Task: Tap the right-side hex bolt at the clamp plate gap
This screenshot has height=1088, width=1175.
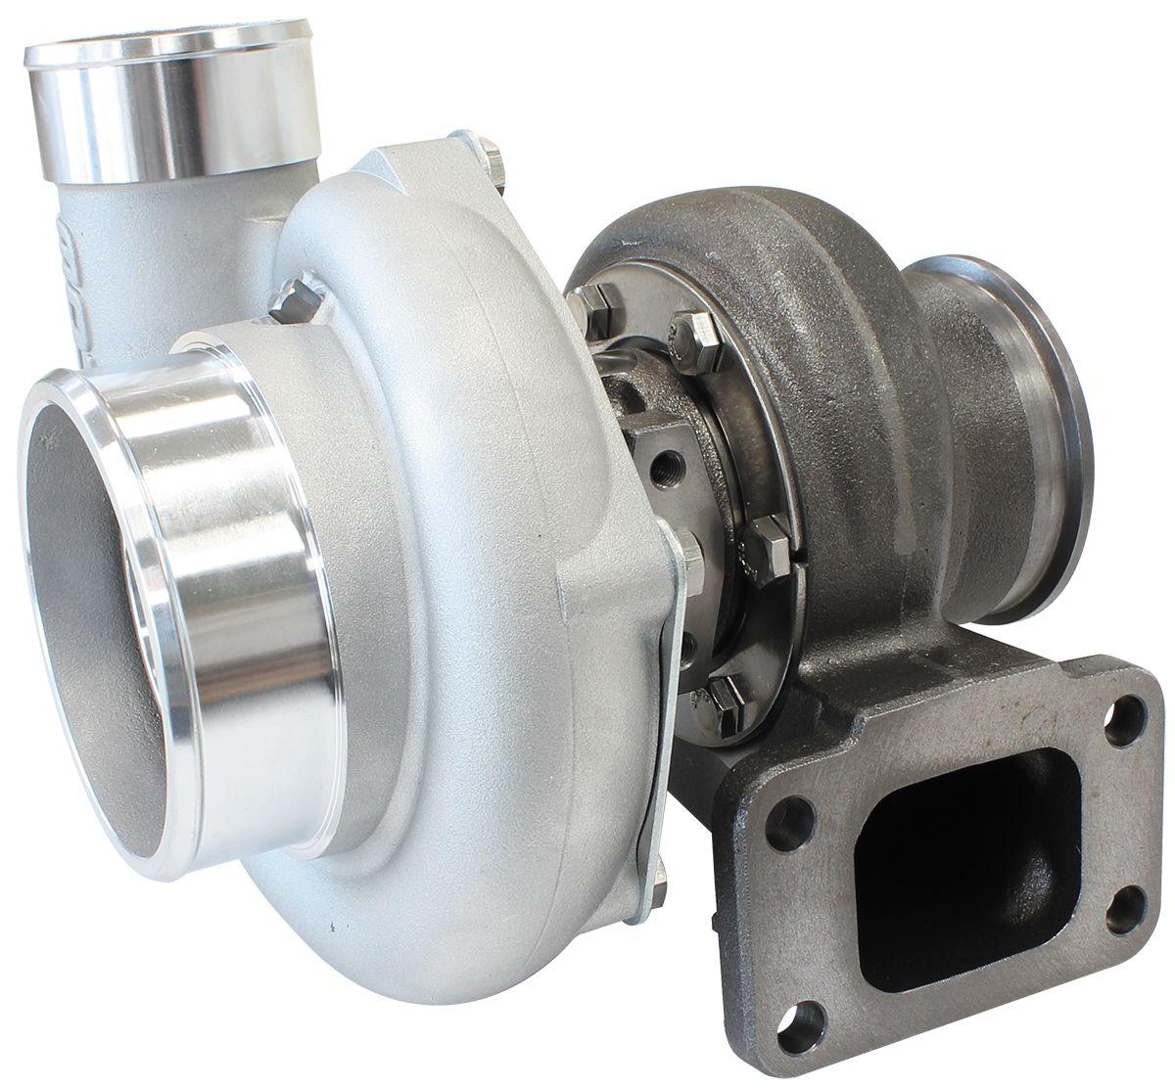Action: click(764, 540)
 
